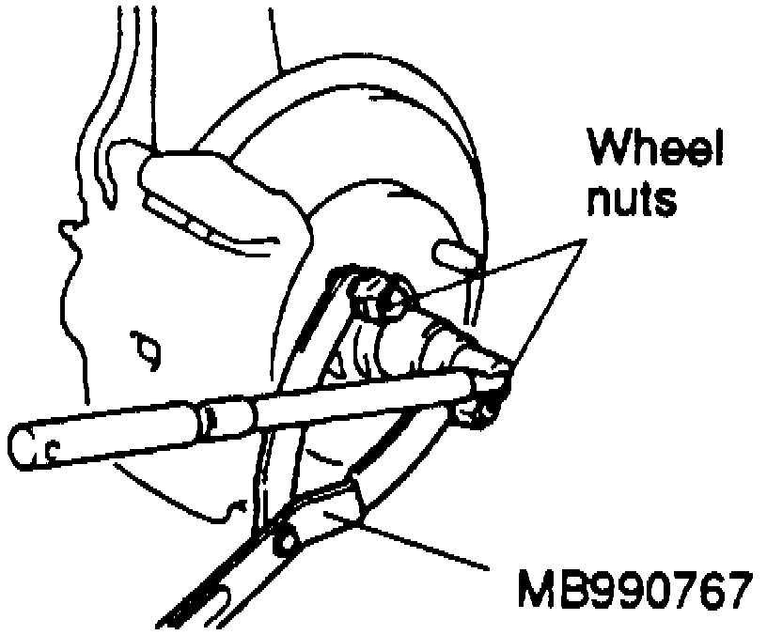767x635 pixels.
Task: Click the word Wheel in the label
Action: click(x=656, y=150)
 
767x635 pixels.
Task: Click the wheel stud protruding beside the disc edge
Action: click(x=451, y=252)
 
